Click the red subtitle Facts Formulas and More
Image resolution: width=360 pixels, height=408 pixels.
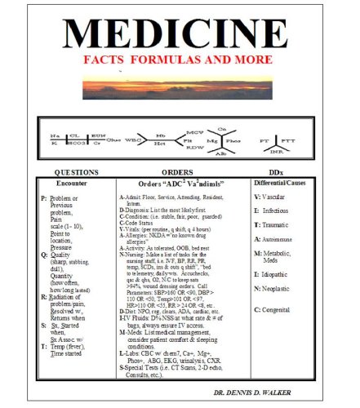(x=180, y=61)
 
